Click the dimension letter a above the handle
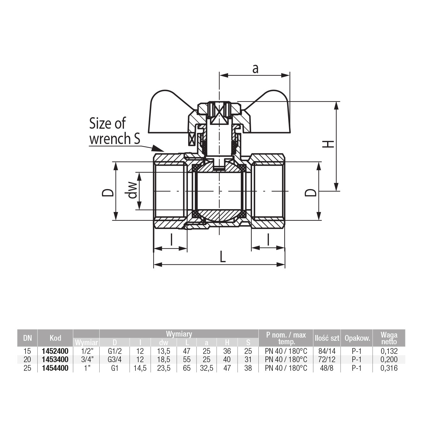click(x=255, y=68)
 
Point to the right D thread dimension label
click(x=311, y=193)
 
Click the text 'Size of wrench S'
click(x=114, y=131)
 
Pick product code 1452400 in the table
click(x=55, y=351)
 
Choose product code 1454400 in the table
click(x=55, y=368)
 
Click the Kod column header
click(x=55, y=338)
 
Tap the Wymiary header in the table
click(x=179, y=334)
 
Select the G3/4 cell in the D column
click(x=115, y=360)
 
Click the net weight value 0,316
click(x=389, y=368)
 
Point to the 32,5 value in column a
click(x=206, y=368)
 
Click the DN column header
click(x=27, y=338)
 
